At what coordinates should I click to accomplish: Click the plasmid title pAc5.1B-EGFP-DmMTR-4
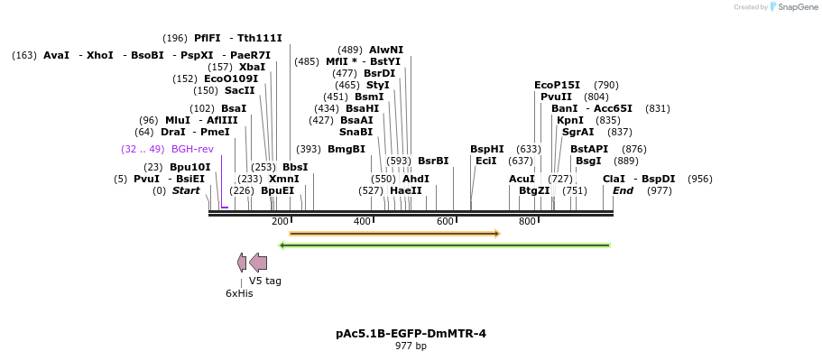pyautogui.click(x=411, y=334)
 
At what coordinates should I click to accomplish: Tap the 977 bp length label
pyautogui.click(x=411, y=346)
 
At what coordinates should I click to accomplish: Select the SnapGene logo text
pyautogui.click(x=798, y=7)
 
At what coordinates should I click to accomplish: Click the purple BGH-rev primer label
pyautogui.click(x=192, y=149)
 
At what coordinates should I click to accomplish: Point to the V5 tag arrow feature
pyautogui.click(x=258, y=263)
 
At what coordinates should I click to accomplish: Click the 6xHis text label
pyautogui.click(x=239, y=293)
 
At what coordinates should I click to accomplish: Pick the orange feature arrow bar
pyautogui.click(x=394, y=234)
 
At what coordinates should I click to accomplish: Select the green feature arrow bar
pyautogui.click(x=445, y=245)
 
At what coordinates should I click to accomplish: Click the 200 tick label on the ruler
pyautogui.click(x=280, y=222)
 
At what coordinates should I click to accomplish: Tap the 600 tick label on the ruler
pyautogui.click(x=445, y=222)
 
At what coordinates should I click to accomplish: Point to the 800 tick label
pyautogui.click(x=527, y=222)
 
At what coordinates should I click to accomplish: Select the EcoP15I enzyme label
pyautogui.click(x=557, y=85)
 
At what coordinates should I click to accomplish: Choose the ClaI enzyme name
pyautogui.click(x=614, y=179)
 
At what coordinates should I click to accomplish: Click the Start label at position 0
pyautogui.click(x=186, y=190)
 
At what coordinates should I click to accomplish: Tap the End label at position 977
pyautogui.click(x=623, y=190)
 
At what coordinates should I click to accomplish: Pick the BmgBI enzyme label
pyautogui.click(x=346, y=149)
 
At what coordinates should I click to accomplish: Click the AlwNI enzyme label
pyautogui.click(x=386, y=50)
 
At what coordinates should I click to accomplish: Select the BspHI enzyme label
pyautogui.click(x=486, y=149)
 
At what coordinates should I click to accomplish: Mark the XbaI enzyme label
pyautogui.click(x=252, y=67)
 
